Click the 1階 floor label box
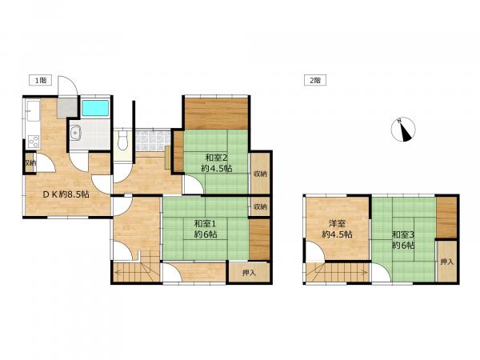pyautogui.click(x=40, y=81)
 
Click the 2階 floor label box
pyautogui.click(x=315, y=81)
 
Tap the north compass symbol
pyautogui.click(x=403, y=130)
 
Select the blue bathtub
pyautogui.click(x=95, y=108)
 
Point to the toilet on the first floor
pyautogui.click(x=123, y=141)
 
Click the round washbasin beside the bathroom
pyautogui.click(x=74, y=133)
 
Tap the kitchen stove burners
pyautogui.click(x=34, y=142)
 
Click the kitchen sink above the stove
pyautogui.click(x=34, y=110)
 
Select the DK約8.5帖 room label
pyautogui.click(x=66, y=194)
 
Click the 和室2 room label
pyautogui.click(x=217, y=158)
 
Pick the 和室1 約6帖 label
pyautogui.click(x=206, y=229)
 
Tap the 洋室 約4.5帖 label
pyautogui.click(x=337, y=229)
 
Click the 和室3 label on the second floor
pyautogui.click(x=403, y=234)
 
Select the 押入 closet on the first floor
pyautogui.click(x=249, y=273)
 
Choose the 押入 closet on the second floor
pyautogui.click(x=446, y=262)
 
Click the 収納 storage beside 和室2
pyautogui.click(x=260, y=174)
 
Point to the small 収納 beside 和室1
pyautogui.click(x=260, y=206)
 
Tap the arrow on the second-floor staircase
pyautogui.click(x=338, y=272)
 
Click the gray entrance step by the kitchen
pyautogui.click(x=67, y=107)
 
